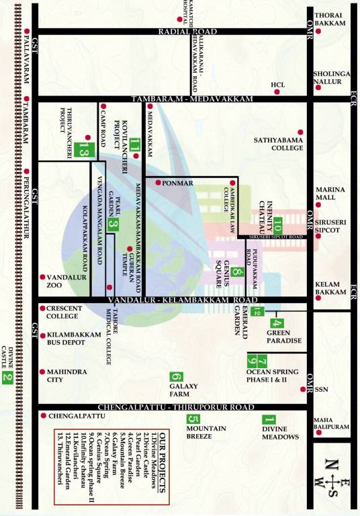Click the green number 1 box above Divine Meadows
coord(269,420)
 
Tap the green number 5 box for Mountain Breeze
coord(193,420)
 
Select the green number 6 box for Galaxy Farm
coord(176,378)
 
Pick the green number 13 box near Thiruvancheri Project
coord(83,150)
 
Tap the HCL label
coord(279,85)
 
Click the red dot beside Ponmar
coord(158,182)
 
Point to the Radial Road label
coord(187,32)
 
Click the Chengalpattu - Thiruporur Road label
coord(176,407)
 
